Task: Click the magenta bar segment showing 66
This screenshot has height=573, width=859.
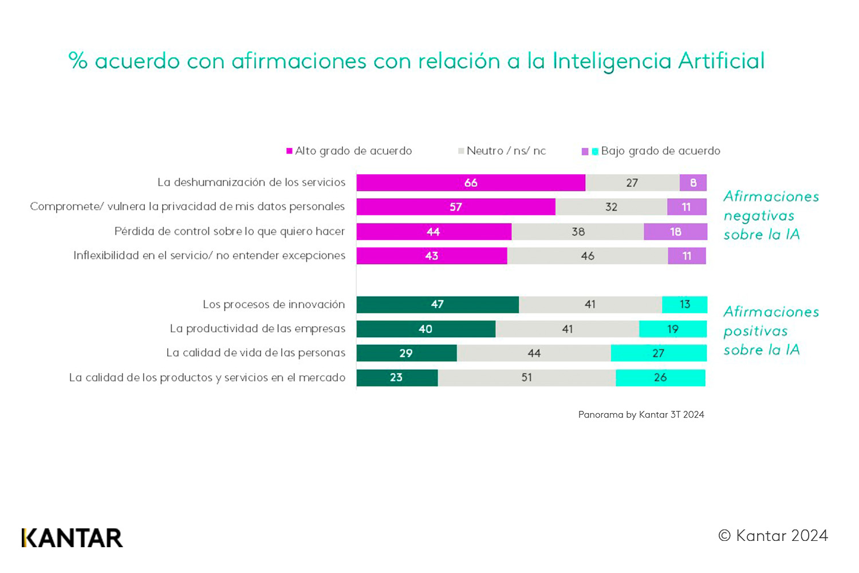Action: (471, 183)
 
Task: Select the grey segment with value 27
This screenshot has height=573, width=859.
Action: (632, 183)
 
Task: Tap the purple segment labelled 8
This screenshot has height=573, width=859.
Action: (693, 183)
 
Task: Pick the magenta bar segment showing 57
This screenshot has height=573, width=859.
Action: (456, 207)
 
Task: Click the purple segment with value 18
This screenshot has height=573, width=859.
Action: (675, 231)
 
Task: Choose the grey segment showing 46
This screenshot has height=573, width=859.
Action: (588, 256)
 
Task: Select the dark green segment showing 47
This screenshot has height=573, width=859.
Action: (438, 305)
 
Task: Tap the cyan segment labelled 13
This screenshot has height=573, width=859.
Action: (684, 305)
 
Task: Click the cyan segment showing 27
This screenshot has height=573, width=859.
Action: (659, 354)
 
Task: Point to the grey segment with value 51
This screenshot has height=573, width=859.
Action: (527, 378)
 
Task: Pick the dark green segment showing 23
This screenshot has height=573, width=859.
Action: (397, 378)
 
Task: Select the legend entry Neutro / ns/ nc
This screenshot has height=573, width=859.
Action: (502, 151)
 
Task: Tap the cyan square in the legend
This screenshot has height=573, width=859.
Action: (595, 152)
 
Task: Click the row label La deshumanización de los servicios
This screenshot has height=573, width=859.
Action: (251, 182)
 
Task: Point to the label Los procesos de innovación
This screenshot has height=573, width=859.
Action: (274, 304)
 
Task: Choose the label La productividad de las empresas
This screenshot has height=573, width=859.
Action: (258, 329)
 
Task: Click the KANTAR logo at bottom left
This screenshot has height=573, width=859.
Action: (72, 538)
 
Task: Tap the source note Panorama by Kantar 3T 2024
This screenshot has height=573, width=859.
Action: (641, 415)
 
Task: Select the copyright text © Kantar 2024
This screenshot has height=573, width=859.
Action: (773, 536)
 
